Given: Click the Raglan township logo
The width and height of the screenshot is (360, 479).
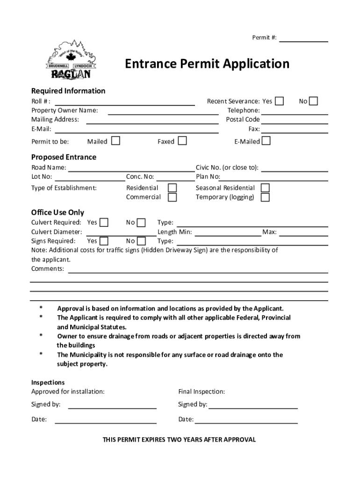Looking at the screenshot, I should (71, 61).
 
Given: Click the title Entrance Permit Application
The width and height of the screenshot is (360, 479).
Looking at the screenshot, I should (207, 64).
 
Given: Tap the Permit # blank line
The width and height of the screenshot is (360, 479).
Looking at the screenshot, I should (303, 38).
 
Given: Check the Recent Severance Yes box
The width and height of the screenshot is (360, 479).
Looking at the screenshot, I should (279, 101).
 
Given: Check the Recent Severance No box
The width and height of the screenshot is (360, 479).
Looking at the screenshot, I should (313, 101).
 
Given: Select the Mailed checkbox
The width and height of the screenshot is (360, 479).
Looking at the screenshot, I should (115, 141).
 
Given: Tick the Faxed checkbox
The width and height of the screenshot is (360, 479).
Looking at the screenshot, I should (182, 141).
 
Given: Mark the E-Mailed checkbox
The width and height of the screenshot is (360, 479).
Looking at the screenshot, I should (266, 141).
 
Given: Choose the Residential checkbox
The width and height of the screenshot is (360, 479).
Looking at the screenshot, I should (172, 188).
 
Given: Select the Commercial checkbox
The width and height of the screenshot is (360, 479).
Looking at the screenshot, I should (172, 197).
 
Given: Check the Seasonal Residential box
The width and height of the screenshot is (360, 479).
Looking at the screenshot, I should (265, 188).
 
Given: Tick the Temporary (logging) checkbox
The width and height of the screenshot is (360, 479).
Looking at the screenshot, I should (265, 197).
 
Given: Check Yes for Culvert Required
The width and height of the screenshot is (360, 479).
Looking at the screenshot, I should (104, 222).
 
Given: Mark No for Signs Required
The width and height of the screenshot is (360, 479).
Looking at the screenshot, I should (141, 241).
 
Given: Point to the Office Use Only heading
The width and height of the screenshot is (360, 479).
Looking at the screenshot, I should (58, 212).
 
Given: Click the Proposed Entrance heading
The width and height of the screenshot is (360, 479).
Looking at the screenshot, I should (64, 157).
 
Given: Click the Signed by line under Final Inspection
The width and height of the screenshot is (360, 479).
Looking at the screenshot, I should (252, 405).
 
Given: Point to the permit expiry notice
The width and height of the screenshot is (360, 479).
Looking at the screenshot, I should (180, 440).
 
